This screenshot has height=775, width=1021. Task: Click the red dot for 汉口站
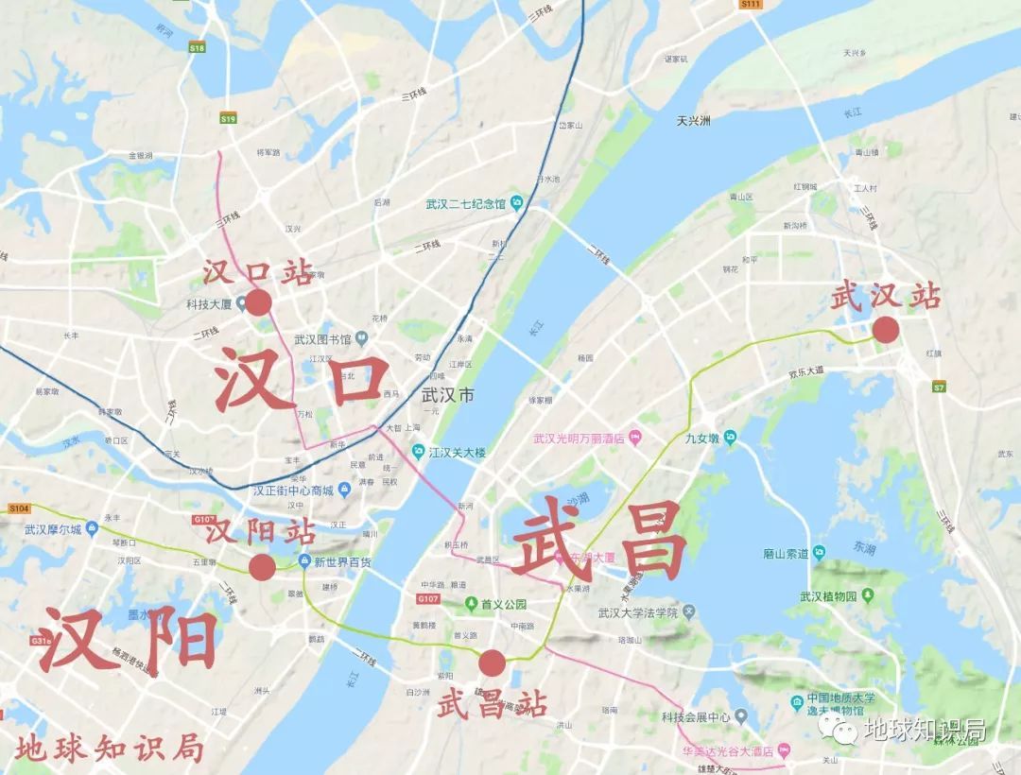(x=258, y=302)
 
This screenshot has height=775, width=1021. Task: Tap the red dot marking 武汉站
(x=886, y=330)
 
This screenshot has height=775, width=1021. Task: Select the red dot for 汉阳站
(x=262, y=567)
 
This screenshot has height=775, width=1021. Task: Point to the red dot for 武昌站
(x=492, y=663)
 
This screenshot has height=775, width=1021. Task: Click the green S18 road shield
(x=197, y=47)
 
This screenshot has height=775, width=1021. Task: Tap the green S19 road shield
(x=228, y=119)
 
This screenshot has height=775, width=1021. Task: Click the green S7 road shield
(x=939, y=387)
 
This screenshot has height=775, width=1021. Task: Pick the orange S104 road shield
(x=19, y=508)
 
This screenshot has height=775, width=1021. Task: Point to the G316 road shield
(x=41, y=641)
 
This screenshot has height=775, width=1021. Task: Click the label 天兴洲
(x=693, y=121)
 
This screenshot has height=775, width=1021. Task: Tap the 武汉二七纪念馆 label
(x=466, y=203)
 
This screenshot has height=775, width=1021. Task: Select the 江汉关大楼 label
(x=457, y=453)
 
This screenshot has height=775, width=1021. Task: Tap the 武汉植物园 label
(x=828, y=596)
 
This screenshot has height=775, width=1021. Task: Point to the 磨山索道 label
(x=781, y=554)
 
